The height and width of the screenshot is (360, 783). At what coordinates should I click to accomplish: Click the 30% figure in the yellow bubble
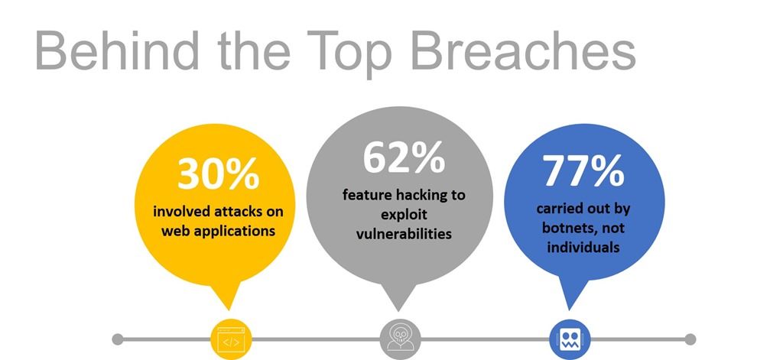coord(218,174)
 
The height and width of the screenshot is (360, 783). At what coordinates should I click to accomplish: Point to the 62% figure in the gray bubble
coord(404,157)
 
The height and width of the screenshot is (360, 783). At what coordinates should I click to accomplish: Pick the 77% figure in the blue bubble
coord(583,170)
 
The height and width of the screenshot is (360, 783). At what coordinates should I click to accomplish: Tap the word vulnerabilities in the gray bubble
coord(404,233)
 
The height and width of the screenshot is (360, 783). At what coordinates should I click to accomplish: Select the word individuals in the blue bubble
coord(583,247)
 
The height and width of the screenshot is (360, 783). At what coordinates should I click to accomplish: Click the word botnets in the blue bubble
coord(567,229)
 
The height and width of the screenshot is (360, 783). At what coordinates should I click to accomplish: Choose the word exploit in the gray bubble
coord(404,215)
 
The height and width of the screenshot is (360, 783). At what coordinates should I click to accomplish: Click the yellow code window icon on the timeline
coord(231,339)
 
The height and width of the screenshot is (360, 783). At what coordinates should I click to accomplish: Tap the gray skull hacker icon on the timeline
coord(400,339)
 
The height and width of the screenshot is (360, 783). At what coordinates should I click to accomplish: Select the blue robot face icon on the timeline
coord(570,339)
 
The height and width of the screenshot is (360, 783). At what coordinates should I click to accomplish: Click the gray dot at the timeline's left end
coord(117,339)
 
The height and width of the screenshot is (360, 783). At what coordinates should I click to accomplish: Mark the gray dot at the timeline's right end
coord(690,339)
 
